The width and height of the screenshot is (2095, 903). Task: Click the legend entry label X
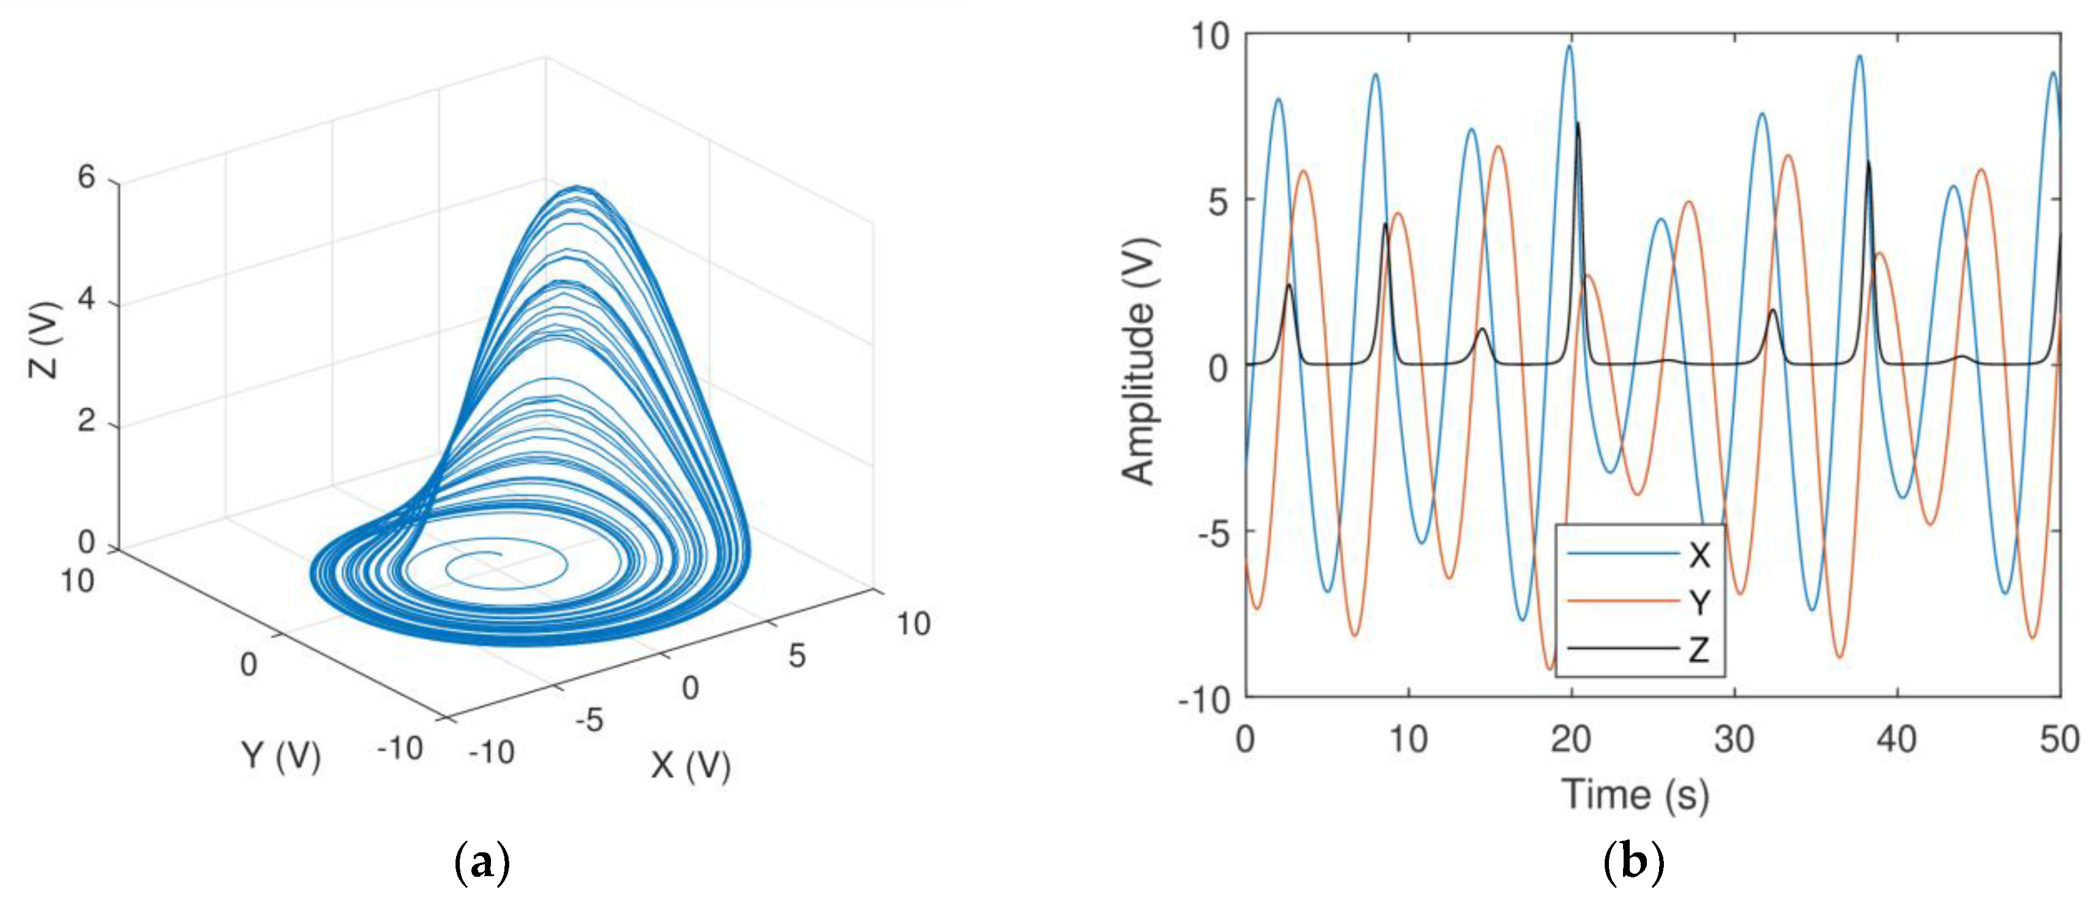pos(1699,555)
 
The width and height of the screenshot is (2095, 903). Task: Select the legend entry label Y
pos(1699,602)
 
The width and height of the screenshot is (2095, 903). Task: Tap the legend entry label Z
pos(1699,649)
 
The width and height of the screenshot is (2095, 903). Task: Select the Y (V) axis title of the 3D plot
pos(281,756)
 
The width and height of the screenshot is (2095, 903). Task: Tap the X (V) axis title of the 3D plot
pos(691,764)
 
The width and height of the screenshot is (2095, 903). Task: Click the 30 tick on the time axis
pos(1734,739)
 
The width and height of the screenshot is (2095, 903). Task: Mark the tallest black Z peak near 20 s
pos(1578,124)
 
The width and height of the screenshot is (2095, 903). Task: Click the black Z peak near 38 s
pos(1868,162)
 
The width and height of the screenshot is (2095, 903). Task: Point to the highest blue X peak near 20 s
pos(1569,46)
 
